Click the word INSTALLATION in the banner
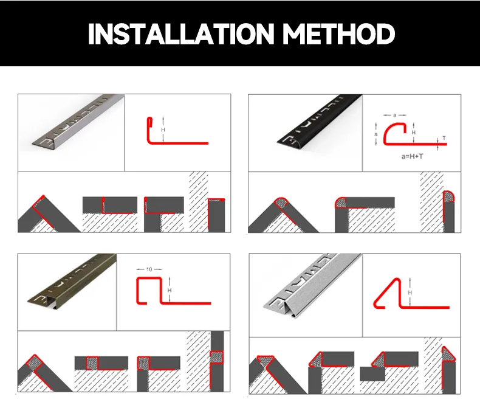pos(181,33)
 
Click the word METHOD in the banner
pos(338,33)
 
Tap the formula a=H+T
pos(412,156)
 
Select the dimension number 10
pos(149,269)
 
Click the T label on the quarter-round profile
pos(444,138)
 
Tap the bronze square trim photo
pos(72,280)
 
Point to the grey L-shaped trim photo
pos(78,121)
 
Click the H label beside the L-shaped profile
pos(163,130)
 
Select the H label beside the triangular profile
pos(410,293)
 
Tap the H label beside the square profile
pos(170,290)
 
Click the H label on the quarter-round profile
pos(414,133)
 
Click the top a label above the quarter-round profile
pos(394,115)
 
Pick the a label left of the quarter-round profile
pos(376,134)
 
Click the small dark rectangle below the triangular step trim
pos(372,373)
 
